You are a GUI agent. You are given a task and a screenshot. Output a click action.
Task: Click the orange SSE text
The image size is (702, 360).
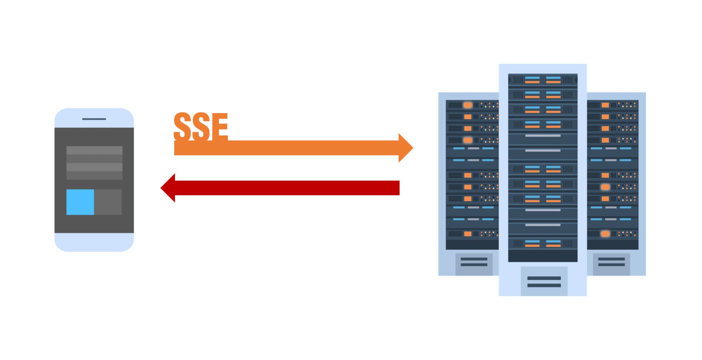tap(201, 126)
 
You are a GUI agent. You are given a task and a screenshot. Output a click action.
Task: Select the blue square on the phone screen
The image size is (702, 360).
tap(80, 202)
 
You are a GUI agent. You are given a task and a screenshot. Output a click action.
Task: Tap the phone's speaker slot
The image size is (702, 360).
tap(94, 119)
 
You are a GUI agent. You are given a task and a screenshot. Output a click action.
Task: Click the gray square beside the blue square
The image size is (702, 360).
tap(108, 202)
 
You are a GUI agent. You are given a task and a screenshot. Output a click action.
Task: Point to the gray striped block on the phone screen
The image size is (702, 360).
tap(94, 163)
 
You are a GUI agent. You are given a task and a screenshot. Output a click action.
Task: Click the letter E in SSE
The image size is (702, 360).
tap(219, 126)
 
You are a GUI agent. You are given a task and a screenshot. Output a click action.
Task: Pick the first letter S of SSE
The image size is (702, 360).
tap(182, 126)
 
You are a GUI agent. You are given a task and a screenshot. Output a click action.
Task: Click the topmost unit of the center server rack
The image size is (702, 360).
tap(543, 80)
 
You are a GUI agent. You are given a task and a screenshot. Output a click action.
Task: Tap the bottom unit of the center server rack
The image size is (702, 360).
tap(543, 244)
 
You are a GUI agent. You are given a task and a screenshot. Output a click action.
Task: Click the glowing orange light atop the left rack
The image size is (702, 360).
tap(468, 105)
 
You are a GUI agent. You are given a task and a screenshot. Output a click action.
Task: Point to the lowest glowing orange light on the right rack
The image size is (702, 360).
tap(605, 234)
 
